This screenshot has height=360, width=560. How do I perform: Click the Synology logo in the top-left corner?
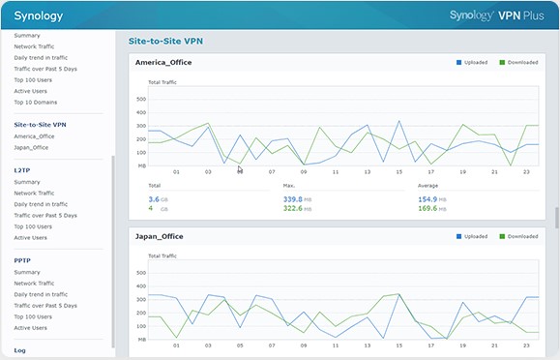coord(38,15)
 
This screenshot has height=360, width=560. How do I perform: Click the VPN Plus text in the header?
coord(520,15)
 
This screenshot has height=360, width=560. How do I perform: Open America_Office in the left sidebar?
coord(35,136)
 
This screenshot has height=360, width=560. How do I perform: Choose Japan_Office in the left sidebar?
coord(31,147)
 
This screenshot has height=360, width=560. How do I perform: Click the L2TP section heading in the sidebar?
coord(22,169)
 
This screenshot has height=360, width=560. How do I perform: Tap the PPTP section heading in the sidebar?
coord(22,260)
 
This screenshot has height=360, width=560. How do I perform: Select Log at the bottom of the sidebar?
coord(20,350)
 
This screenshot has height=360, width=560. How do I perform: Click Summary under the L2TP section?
coord(27,182)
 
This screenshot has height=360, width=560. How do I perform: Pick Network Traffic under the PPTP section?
coord(35,283)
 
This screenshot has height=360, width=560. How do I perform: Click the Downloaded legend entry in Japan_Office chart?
coord(519,237)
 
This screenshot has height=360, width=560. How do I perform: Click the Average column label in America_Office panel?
coord(428,185)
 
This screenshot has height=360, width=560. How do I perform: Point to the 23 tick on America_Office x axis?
coord(525,172)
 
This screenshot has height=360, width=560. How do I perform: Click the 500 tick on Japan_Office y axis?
coord(141,272)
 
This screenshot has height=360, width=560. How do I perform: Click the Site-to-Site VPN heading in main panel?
coord(165,42)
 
